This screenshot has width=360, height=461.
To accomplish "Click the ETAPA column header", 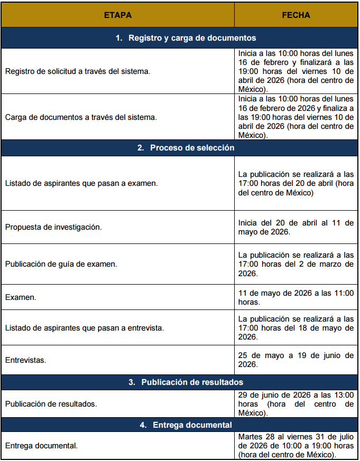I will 117,15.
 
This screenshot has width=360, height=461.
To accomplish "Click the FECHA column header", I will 296,15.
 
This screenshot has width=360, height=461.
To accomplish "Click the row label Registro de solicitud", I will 78,71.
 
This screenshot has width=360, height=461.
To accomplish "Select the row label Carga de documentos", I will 81,117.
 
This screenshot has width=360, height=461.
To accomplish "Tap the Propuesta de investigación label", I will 53,227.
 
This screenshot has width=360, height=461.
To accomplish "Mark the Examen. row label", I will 21,297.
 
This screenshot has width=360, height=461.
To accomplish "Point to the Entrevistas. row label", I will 25,360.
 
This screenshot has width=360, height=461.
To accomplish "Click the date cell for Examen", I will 296,297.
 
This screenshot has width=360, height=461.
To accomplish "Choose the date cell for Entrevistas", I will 296,360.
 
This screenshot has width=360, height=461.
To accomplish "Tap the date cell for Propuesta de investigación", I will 296,227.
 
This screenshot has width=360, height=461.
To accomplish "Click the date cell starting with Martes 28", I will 296,446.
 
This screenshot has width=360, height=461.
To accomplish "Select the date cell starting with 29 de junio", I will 296,404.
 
